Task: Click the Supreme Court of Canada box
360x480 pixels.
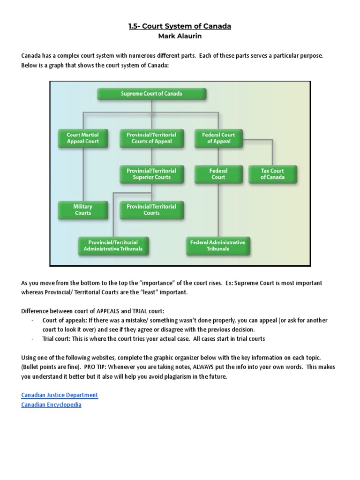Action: point(151,94)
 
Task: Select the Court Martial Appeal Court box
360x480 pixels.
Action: point(83,138)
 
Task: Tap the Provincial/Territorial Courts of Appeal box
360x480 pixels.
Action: point(151,138)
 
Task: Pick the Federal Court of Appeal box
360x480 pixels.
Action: point(218,138)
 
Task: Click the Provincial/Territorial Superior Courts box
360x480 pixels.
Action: point(151,174)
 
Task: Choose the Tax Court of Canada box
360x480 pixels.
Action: point(272,174)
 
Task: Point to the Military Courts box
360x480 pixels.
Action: point(83,210)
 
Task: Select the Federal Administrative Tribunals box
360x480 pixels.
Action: point(217,246)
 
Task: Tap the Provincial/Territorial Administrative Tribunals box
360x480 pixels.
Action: point(113,246)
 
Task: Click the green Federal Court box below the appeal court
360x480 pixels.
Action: point(218,174)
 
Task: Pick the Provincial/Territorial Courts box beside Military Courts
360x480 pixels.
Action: point(151,210)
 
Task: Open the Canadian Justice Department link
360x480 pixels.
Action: point(60,395)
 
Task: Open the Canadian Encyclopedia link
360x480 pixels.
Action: point(51,405)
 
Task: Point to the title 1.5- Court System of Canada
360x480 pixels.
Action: point(180,26)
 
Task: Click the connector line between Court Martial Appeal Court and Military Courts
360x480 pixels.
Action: point(83,173)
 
